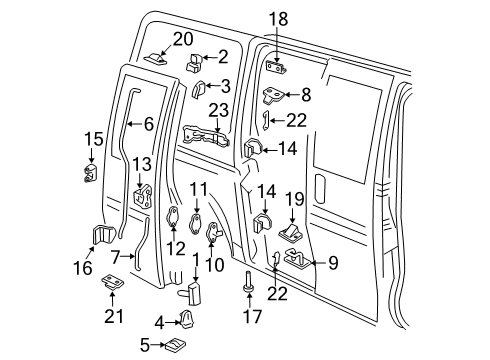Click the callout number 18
coord(277,19)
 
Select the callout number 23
coord(219,110)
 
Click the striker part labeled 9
coord(296,262)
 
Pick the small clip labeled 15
coord(92,173)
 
